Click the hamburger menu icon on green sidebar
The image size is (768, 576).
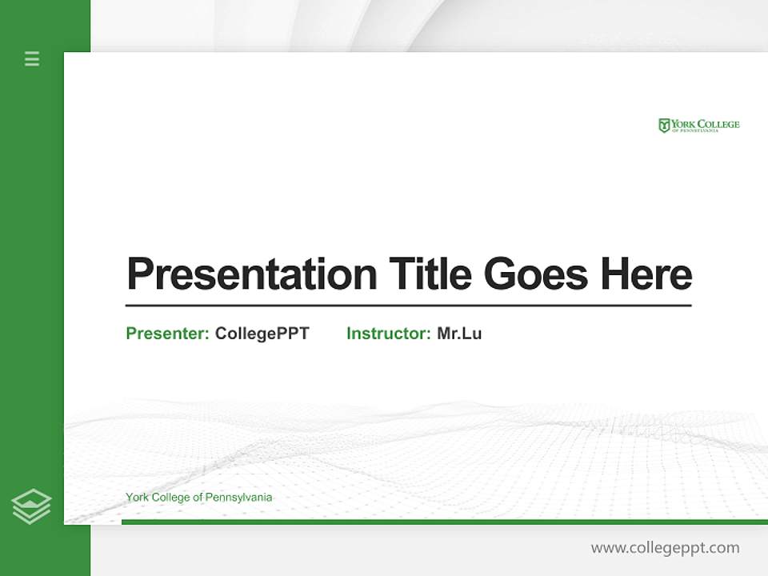pyautogui.click(x=32, y=58)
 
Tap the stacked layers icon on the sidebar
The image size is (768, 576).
pyautogui.click(x=31, y=506)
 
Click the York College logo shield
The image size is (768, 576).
pyautogui.click(x=664, y=126)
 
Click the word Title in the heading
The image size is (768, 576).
pyautogui.click(x=430, y=274)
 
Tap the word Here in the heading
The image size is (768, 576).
pyautogui.click(x=646, y=274)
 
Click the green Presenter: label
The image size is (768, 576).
pyautogui.click(x=168, y=334)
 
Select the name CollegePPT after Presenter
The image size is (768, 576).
pyautogui.click(x=262, y=334)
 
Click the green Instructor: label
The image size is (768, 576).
pyautogui.click(x=389, y=334)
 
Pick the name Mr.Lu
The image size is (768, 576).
pyautogui.click(x=459, y=334)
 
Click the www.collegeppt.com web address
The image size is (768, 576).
pyautogui.click(x=665, y=548)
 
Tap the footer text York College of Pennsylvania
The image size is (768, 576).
pyautogui.click(x=198, y=498)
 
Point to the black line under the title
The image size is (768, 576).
pyautogui.click(x=408, y=306)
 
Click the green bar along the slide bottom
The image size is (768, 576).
pyautogui.click(x=440, y=522)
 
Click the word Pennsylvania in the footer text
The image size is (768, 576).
pyautogui.click(x=238, y=498)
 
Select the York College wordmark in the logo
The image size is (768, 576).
pyautogui.click(x=705, y=124)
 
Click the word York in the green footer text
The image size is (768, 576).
pyautogui.click(x=137, y=498)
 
